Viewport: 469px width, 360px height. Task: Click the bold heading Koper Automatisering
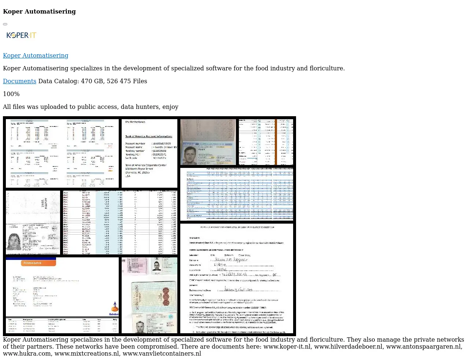[39, 11]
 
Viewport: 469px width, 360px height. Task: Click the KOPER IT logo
[21, 35]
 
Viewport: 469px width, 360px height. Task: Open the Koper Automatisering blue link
[36, 55]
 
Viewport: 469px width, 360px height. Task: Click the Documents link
[19, 81]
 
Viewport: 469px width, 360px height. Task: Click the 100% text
[11, 94]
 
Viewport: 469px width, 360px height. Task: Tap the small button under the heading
[5, 24]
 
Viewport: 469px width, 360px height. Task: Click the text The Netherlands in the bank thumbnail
[135, 122]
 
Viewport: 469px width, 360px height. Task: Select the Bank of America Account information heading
[149, 136]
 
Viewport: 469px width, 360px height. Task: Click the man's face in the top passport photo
[190, 155]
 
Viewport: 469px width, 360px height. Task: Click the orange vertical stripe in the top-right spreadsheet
[276, 142]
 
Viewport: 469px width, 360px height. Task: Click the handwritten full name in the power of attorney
[231, 260]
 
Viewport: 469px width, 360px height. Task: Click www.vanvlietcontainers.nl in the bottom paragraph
[162, 353]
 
